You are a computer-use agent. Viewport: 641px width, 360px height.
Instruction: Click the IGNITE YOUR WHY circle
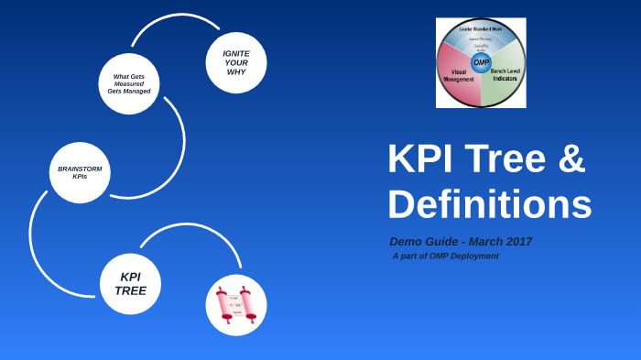click(x=236, y=62)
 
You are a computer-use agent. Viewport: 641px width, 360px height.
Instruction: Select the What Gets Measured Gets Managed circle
click(x=129, y=83)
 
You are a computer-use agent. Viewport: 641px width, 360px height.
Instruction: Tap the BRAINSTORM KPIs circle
click(x=80, y=172)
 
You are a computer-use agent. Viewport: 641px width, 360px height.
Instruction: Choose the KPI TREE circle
click(x=130, y=284)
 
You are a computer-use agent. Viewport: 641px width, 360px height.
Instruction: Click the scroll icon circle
click(x=236, y=305)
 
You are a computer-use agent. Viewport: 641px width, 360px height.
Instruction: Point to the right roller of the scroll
click(x=250, y=305)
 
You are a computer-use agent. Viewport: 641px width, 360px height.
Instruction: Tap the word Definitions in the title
click(x=489, y=203)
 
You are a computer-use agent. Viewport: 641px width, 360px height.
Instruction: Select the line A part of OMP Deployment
click(x=446, y=256)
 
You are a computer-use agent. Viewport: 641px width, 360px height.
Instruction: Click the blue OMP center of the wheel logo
click(x=481, y=62)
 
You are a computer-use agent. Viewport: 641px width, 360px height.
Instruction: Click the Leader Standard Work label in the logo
click(x=481, y=29)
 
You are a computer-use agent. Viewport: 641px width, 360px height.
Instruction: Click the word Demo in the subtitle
click(x=405, y=242)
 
